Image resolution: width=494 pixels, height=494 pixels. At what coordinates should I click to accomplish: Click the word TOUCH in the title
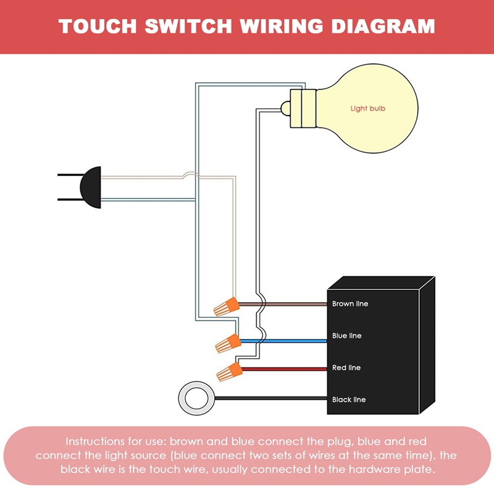tap(98, 27)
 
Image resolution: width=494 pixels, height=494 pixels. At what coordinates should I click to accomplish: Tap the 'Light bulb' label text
tap(367, 109)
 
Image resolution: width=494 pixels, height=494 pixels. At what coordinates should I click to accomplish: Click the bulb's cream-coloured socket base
tap(303, 108)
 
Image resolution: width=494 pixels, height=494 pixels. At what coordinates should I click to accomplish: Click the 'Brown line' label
tap(350, 304)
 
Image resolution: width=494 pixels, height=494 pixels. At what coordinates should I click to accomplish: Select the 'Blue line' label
tap(346, 336)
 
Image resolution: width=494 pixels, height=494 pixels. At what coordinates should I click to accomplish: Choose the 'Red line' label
tap(346, 368)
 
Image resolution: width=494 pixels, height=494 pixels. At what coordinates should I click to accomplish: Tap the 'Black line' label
tap(348, 400)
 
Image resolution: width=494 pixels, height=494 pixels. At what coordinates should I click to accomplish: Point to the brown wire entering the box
tap(296, 304)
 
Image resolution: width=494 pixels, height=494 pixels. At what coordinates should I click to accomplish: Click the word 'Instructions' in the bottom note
tap(94, 442)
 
